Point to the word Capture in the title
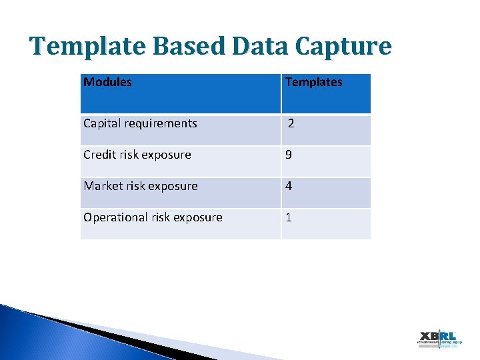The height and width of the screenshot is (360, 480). click(x=347, y=47)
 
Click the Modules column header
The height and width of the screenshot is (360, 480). click(x=107, y=82)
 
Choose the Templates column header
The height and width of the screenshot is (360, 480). click(x=313, y=82)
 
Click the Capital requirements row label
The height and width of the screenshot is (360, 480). click(x=140, y=123)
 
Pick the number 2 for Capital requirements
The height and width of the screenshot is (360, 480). click(x=291, y=123)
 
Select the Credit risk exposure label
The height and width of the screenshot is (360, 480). click(x=137, y=155)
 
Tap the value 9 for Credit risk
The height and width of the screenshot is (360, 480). click(x=289, y=155)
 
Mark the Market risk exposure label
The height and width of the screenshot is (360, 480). click(x=140, y=186)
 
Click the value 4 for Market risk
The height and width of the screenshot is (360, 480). click(x=289, y=186)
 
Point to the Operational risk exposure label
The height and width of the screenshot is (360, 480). click(x=153, y=217)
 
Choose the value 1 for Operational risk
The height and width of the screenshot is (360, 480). click(x=289, y=217)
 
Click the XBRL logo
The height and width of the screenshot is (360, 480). click(x=437, y=339)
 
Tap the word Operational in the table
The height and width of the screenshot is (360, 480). click(x=115, y=217)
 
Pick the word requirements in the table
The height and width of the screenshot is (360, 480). click(x=165, y=123)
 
